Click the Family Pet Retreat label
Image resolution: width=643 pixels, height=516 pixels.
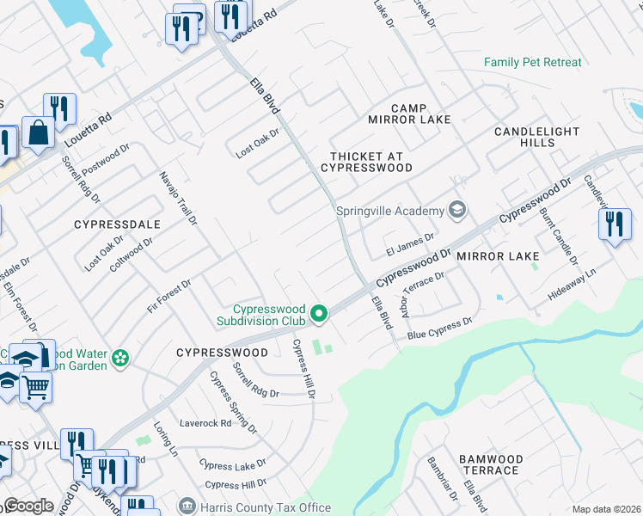pos(532,63)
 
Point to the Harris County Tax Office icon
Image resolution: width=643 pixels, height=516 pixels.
pos(187,507)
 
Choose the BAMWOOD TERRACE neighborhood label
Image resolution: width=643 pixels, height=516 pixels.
pos(488,465)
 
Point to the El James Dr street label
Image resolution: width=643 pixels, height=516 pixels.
pos(410,240)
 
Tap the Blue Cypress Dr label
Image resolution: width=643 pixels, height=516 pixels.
pos(440,328)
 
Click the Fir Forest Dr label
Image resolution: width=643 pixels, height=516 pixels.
pos(168,296)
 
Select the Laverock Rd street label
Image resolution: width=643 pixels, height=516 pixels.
pos(205,423)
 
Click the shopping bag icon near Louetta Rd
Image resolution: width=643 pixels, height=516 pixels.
pos(39,133)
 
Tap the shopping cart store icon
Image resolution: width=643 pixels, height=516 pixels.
pos(36,388)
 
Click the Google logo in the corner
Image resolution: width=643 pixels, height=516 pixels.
pos(29,506)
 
